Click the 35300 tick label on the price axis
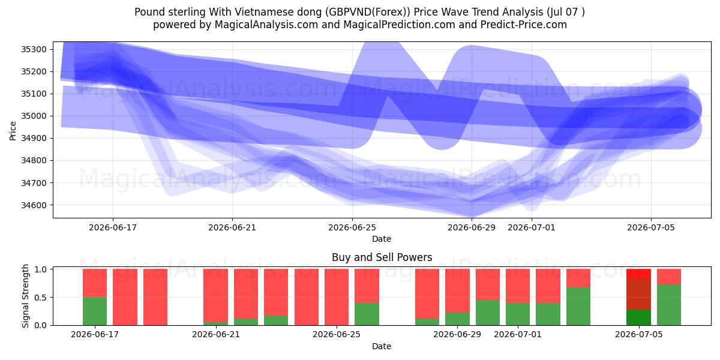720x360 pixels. (34, 49)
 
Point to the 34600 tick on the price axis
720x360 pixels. (34, 205)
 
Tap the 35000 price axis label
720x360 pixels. (34, 116)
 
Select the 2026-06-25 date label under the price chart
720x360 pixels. (352, 227)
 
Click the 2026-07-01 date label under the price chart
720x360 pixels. (532, 227)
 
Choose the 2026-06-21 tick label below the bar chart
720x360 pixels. (215, 334)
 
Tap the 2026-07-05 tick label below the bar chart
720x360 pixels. (638, 334)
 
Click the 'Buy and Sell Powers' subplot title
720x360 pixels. (382, 257)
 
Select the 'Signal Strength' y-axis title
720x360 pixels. (25, 296)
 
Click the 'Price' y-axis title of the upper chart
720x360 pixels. (13, 131)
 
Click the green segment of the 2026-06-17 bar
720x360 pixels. (95, 311)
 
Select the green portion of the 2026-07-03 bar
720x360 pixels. (578, 307)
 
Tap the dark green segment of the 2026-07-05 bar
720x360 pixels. (638, 317)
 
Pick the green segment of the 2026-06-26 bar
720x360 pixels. (367, 314)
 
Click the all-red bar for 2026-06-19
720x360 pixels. (155, 297)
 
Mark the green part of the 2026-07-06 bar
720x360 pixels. (669, 305)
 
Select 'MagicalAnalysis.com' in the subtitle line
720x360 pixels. (266, 25)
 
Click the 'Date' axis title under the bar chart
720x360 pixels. (382, 346)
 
